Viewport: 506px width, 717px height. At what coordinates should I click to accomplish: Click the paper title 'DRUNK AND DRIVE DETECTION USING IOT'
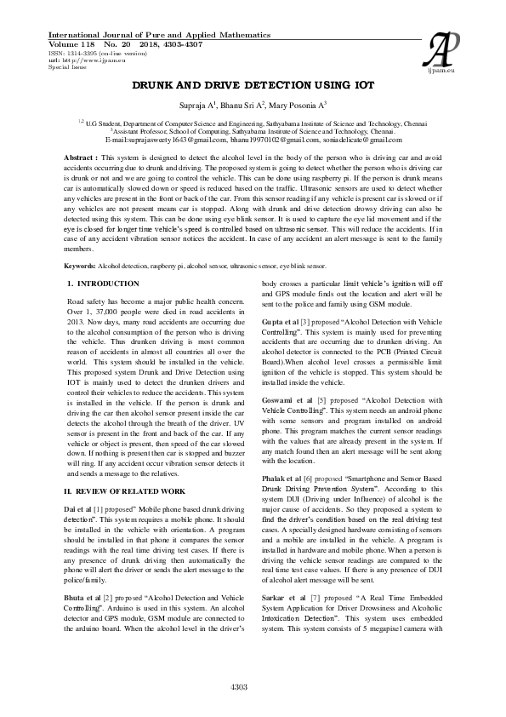(x=253, y=86)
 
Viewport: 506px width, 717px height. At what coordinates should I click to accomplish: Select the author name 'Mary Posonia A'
(x=296, y=106)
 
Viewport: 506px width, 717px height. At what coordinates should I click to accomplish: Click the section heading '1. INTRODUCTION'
(x=103, y=283)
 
